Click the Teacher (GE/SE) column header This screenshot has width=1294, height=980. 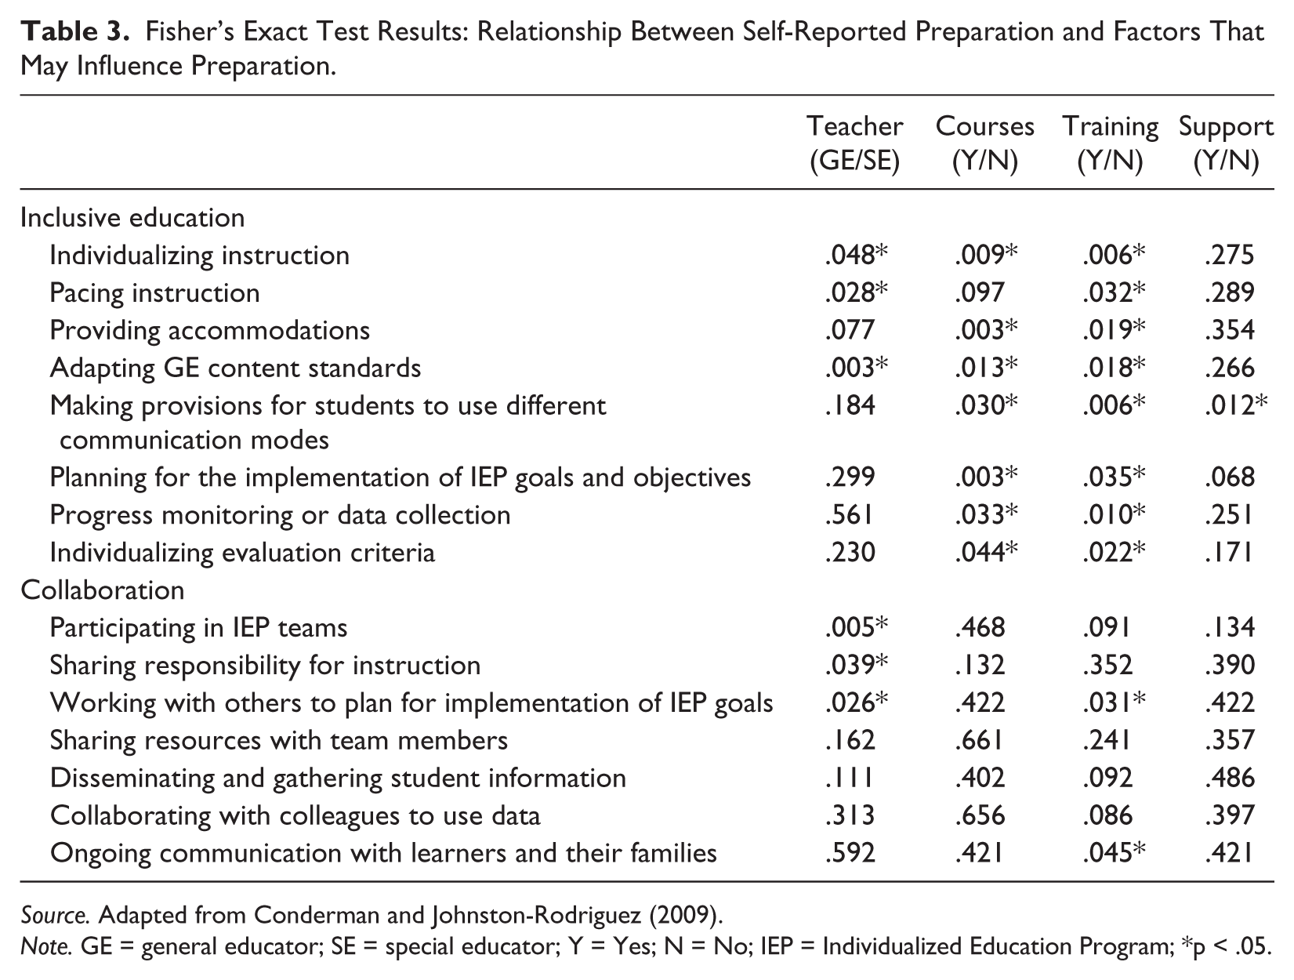click(x=854, y=143)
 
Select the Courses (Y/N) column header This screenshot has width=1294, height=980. click(x=984, y=143)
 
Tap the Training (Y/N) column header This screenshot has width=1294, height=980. click(x=1110, y=143)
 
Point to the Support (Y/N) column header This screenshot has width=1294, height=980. click(x=1227, y=143)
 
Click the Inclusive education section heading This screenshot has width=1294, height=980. click(x=132, y=218)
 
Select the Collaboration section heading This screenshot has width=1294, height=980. click(x=102, y=590)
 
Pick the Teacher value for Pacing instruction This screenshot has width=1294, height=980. click(x=856, y=292)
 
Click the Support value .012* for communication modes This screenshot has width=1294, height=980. click(x=1236, y=405)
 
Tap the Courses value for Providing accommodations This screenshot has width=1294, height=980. click(x=986, y=329)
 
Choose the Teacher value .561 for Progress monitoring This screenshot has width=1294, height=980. click(x=850, y=515)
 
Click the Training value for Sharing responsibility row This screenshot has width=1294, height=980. click(x=1107, y=665)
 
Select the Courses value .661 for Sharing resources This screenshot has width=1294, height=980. click(x=979, y=740)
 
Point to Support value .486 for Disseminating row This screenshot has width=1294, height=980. click(x=1229, y=778)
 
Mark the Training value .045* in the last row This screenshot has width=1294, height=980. click(x=1114, y=853)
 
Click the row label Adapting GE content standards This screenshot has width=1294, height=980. click(x=235, y=368)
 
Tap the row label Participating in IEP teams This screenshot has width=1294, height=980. click(x=198, y=628)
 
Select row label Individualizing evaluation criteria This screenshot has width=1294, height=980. click(x=242, y=553)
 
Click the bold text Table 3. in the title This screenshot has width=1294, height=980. click(x=75, y=32)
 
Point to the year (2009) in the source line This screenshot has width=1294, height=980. click(x=687, y=915)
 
